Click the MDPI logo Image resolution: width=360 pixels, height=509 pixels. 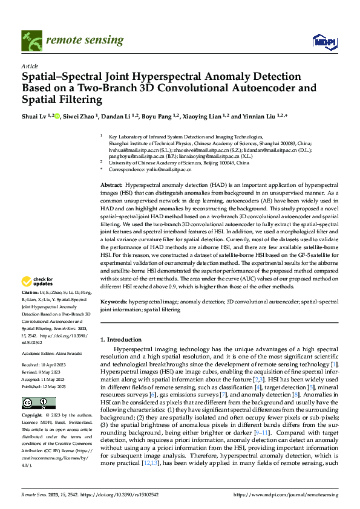(x=324, y=40)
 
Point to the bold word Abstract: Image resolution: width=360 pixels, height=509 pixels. (x=111, y=183)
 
